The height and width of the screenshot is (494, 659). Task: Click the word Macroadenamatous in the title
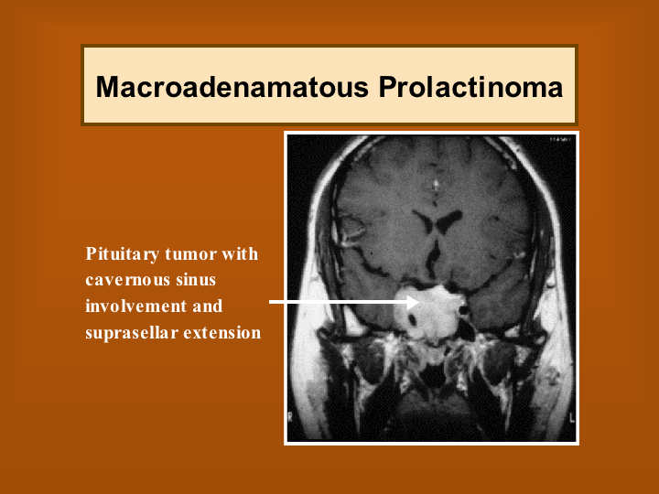232,87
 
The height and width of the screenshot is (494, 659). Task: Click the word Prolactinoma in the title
470,87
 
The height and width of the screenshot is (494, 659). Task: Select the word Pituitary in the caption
123,254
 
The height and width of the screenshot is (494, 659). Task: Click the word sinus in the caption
196,280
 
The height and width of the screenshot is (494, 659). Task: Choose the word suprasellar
132,333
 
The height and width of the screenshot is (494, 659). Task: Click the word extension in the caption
222,333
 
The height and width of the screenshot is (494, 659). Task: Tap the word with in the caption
240,253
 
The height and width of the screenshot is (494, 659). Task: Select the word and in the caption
208,306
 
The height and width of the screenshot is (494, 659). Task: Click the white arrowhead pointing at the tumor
412,302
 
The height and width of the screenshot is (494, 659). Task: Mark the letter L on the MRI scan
571,417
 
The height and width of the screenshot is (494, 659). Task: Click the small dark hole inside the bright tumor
412,320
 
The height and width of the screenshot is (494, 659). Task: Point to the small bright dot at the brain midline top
436,184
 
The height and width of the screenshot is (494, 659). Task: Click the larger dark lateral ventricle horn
449,220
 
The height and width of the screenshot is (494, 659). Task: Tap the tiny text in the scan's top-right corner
559,139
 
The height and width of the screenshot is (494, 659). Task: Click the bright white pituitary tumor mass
430,312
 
